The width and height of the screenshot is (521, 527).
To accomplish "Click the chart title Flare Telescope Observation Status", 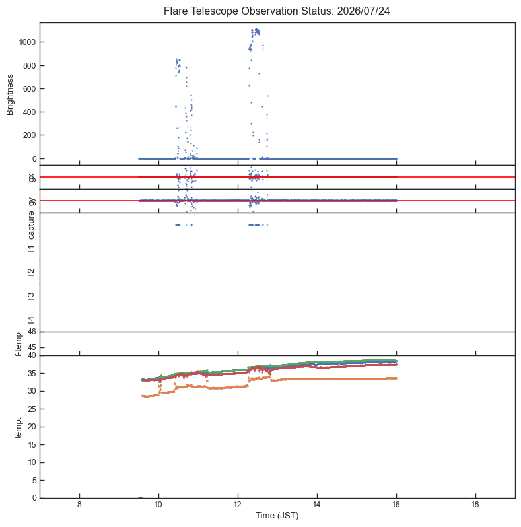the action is click(249, 11).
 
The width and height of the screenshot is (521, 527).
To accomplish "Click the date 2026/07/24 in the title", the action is click(363, 11).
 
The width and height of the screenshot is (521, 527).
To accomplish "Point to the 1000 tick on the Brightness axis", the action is click(27, 42).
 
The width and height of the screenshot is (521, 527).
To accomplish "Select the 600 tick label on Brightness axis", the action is click(30, 88).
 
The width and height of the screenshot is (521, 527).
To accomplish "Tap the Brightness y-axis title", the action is click(10, 95).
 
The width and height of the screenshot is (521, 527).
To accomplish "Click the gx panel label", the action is click(32, 177).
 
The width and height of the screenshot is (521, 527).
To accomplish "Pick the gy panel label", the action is click(32, 201).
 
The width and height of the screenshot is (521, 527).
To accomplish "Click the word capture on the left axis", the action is click(31, 225).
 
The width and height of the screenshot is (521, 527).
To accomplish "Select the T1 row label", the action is click(31, 250).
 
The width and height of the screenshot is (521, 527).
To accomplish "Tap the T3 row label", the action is click(31, 297).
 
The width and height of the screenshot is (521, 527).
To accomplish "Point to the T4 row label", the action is click(31, 321).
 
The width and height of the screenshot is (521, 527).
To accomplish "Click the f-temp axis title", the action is click(18, 344).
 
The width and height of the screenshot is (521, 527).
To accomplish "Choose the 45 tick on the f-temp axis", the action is click(32, 347).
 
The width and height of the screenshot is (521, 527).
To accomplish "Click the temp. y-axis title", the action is click(18, 428).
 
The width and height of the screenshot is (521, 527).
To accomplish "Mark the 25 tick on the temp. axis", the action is click(32, 409).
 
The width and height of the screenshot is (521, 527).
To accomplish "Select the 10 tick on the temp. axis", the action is click(32, 462).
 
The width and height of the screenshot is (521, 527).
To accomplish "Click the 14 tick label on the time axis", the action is click(317, 504).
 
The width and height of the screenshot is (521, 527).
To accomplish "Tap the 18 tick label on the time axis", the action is click(475, 504).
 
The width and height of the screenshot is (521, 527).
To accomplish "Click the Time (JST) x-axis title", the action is click(277, 516).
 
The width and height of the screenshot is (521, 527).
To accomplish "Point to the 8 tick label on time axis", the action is click(79, 504).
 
